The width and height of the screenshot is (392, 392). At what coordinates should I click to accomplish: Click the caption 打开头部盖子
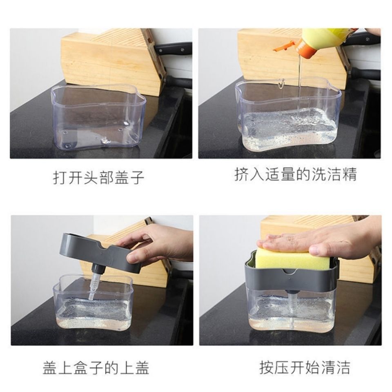pyautogui.click(x=99, y=178)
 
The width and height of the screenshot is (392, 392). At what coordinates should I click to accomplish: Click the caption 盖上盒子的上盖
pyautogui.click(x=96, y=368)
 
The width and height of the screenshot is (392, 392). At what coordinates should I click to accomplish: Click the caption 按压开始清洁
pyautogui.click(x=305, y=367)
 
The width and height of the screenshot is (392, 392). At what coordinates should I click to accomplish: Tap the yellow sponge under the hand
pyautogui.click(x=286, y=258)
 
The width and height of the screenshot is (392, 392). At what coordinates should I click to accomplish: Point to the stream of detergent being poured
pyautogui.click(x=299, y=86)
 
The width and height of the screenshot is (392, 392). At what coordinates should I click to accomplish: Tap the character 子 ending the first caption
pyautogui.click(x=138, y=178)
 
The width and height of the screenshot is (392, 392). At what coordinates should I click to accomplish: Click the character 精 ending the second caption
pyautogui.click(x=350, y=175)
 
